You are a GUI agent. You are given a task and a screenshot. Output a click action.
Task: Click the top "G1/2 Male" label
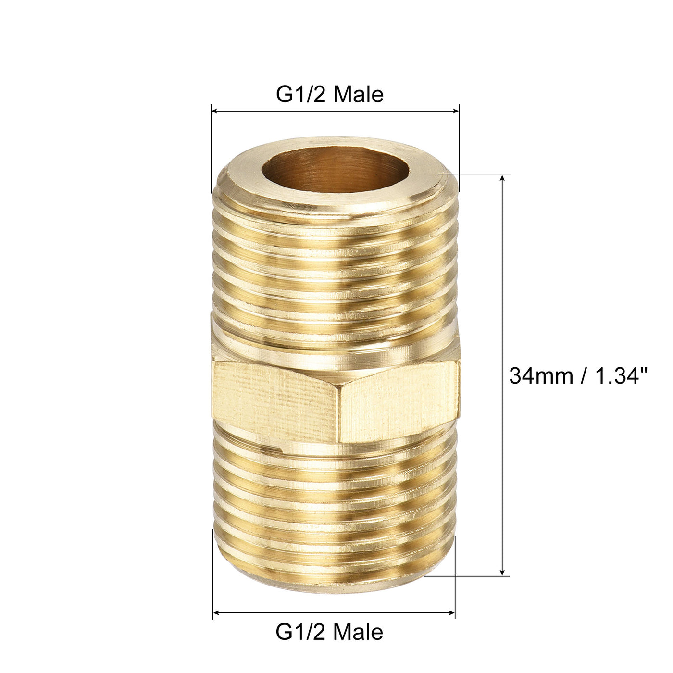point(329,95)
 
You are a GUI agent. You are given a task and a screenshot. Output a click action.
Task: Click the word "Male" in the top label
point(358,95)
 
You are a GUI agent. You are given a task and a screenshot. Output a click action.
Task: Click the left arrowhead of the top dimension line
point(215,112)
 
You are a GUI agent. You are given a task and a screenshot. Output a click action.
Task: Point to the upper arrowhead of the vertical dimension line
point(503,178)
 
